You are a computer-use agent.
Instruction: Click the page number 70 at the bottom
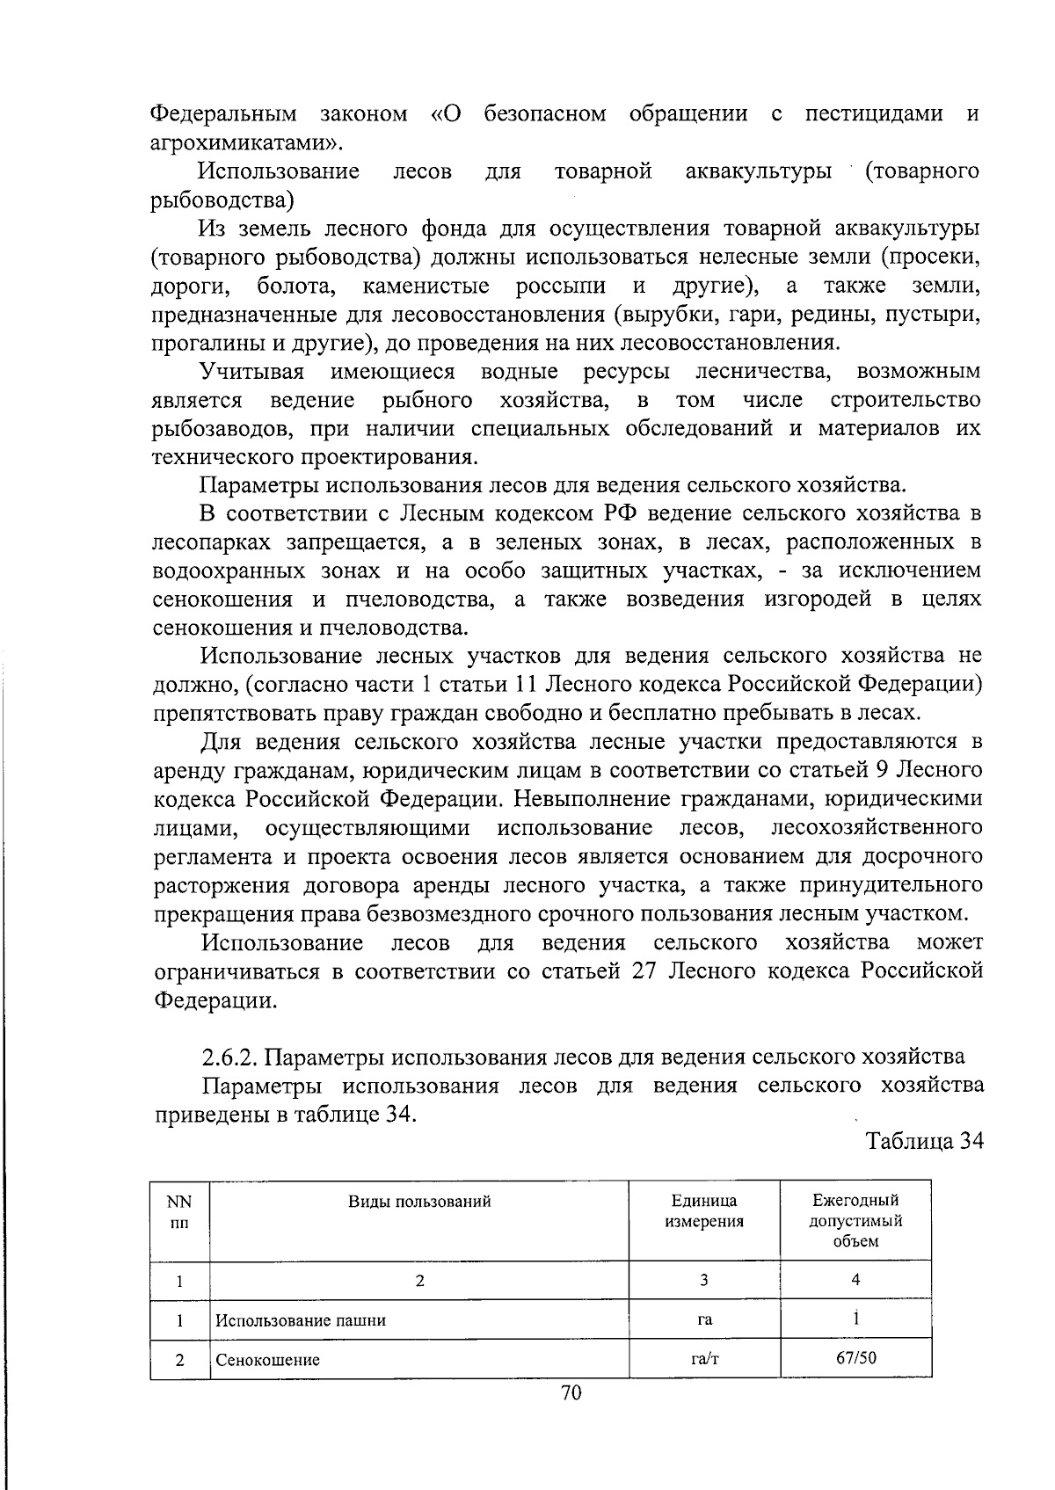(x=571, y=1392)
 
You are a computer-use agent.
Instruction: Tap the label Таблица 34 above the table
(x=923, y=1141)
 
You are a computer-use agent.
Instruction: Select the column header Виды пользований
(x=419, y=1202)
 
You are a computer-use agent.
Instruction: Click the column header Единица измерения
(x=704, y=1210)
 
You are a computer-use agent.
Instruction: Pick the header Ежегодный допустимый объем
(x=855, y=1221)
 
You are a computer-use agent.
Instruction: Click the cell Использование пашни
(x=301, y=1319)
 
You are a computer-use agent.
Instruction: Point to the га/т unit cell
(x=704, y=1358)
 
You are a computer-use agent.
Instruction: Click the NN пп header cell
(x=179, y=1210)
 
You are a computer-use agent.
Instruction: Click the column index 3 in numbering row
(x=704, y=1280)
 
